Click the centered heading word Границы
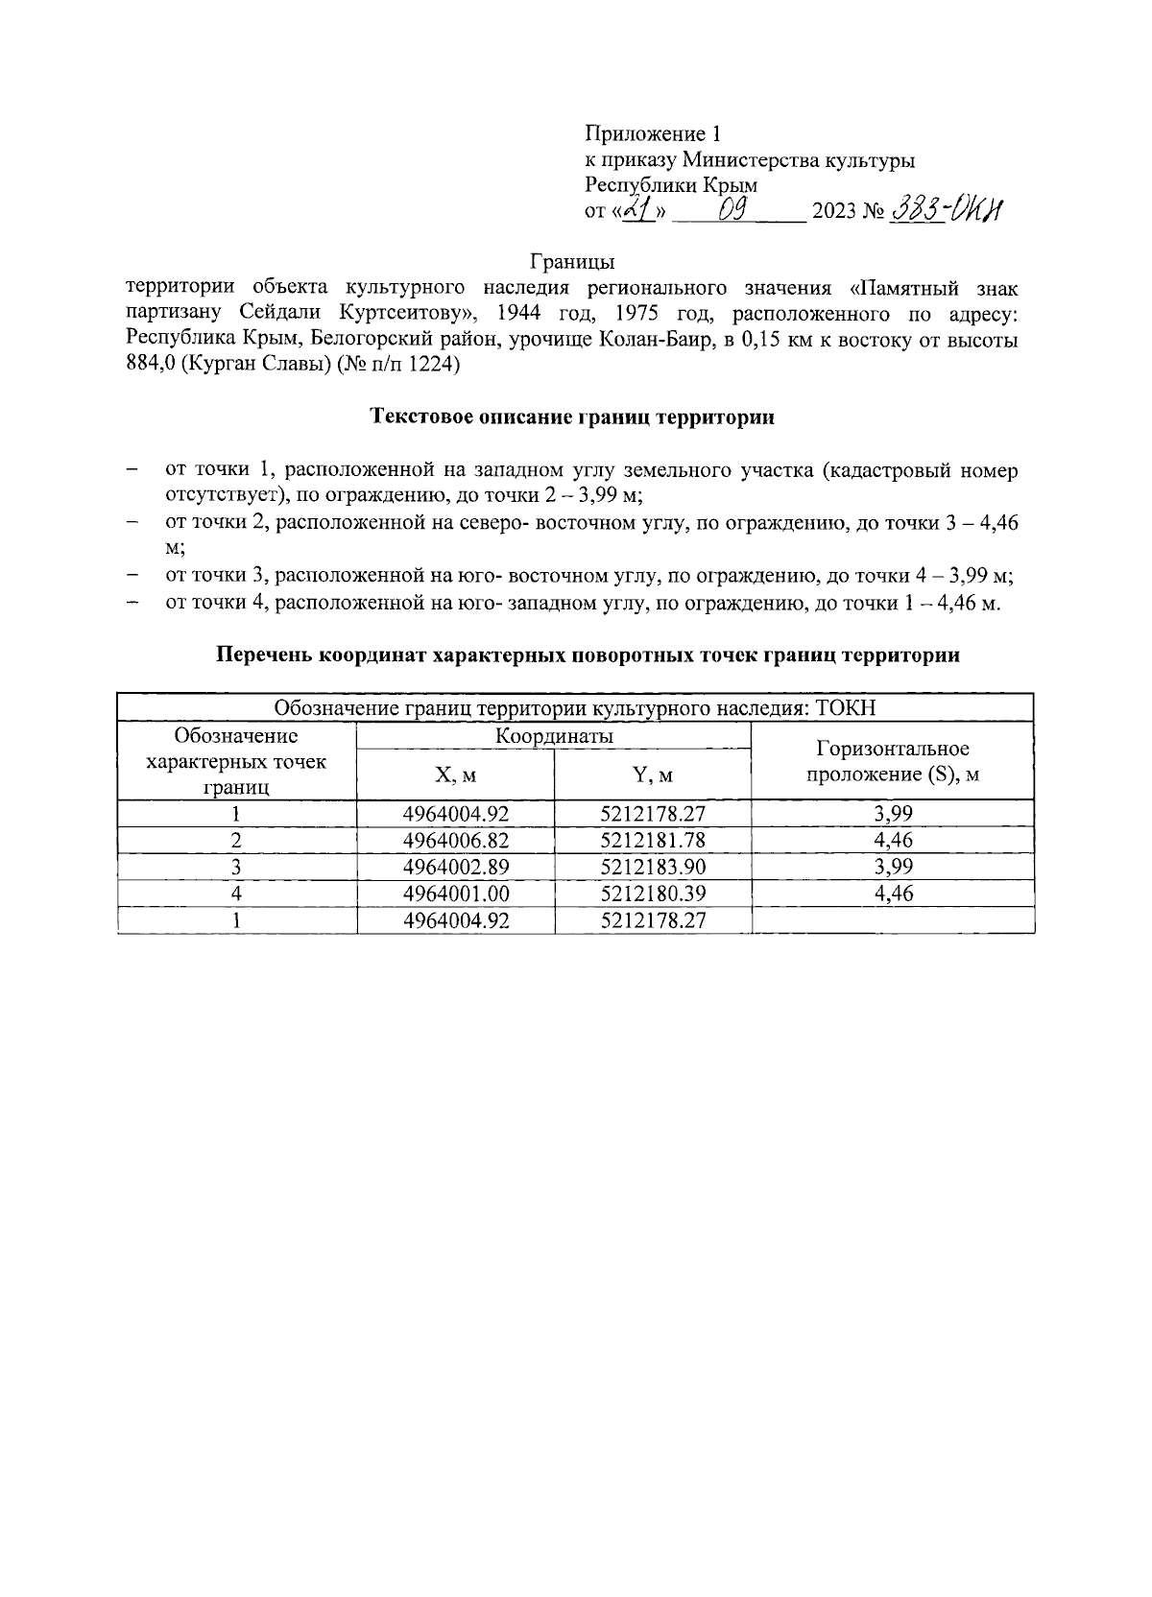571,260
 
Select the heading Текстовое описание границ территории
572,417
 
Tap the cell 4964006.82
455,840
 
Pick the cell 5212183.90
653,867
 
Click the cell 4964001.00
455,894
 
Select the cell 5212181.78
653,840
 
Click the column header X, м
455,775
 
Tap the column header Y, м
653,775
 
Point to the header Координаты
554,736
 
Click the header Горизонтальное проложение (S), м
892,761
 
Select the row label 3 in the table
236,867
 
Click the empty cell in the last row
892,920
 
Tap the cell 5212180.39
653,894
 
